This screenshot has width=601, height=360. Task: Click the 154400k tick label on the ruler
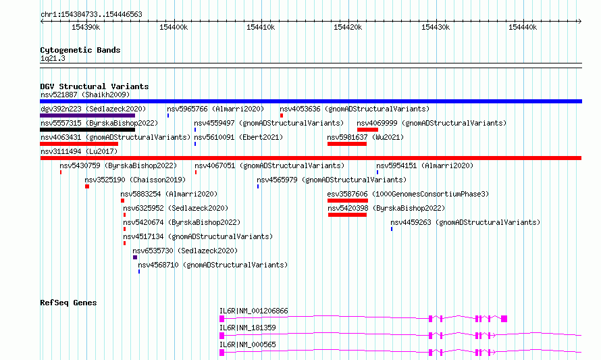(174, 27)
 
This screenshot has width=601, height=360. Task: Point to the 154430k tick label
(436, 27)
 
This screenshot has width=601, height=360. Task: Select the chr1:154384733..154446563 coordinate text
(91, 14)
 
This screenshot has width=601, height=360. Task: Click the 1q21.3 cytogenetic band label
(53, 58)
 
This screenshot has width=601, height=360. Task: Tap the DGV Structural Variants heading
(95, 86)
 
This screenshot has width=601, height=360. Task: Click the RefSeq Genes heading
(68, 303)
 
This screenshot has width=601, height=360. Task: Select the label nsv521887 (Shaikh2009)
(85, 95)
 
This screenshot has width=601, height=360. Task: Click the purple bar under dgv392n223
(87, 115)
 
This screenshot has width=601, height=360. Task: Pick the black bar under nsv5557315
(87, 130)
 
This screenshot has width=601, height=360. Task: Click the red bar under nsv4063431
(79, 144)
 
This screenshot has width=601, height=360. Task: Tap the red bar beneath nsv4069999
(367, 130)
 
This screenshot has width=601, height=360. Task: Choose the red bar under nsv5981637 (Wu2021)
(347, 144)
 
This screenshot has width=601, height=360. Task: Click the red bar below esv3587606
(348, 201)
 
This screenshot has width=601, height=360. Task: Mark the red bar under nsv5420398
(347, 215)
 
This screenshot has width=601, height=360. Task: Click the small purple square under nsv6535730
(135, 257)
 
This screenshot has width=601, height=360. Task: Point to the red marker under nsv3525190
(87, 186)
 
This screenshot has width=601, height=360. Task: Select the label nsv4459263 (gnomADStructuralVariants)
(465, 222)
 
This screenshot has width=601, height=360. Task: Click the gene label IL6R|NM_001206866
(253, 311)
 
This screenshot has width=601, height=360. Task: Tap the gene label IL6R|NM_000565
(247, 344)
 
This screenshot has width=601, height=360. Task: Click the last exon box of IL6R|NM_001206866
(504, 319)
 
